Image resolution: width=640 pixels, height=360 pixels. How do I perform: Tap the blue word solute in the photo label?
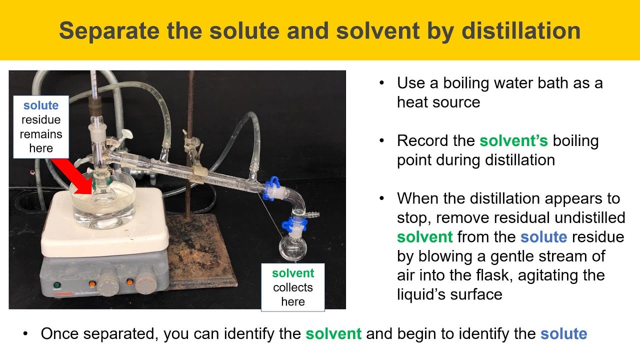(x=41, y=105)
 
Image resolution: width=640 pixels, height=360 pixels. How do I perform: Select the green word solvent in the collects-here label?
(x=293, y=273)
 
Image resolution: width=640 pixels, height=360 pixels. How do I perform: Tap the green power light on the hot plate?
(x=56, y=285)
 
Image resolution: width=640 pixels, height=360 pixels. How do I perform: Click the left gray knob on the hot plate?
(x=107, y=283)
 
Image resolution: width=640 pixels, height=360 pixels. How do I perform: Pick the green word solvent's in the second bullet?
(x=508, y=140)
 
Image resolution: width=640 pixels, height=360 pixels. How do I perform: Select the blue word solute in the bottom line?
(x=563, y=333)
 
